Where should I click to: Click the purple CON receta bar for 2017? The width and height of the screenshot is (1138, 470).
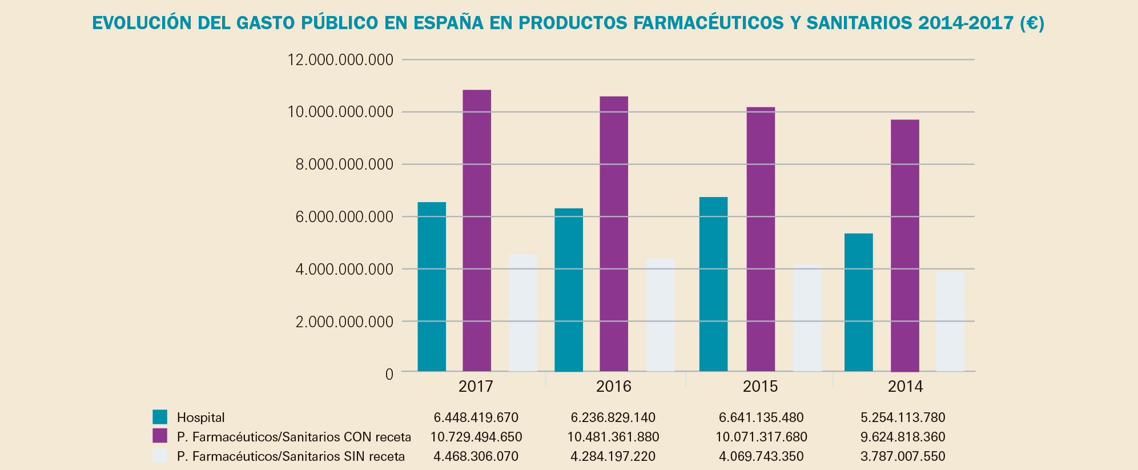477,231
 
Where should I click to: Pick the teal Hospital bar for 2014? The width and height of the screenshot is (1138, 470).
858,303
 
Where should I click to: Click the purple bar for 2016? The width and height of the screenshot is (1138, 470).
614,234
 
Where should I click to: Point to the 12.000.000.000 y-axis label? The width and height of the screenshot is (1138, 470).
340,60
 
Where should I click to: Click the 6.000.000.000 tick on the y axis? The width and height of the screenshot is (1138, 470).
340,217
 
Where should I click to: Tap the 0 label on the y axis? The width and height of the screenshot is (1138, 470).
389,375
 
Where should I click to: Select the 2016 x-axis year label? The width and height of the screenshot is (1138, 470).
614,387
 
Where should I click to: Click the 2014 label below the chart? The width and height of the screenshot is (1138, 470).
905,387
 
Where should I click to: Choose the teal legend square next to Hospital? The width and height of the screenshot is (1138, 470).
160,417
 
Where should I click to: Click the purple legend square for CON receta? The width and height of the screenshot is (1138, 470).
160,436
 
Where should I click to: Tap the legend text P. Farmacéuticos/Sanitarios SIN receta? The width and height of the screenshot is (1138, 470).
291,456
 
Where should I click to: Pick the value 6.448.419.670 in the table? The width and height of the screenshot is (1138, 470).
476,417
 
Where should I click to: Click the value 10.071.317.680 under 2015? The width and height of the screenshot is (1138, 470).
761,437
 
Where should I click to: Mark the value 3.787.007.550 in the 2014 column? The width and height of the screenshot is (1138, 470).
903,457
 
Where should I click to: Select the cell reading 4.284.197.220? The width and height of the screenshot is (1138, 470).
613,457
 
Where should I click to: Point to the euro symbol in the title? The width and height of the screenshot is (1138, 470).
1032,23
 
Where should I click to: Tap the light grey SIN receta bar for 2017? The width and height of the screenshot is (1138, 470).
522,313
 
